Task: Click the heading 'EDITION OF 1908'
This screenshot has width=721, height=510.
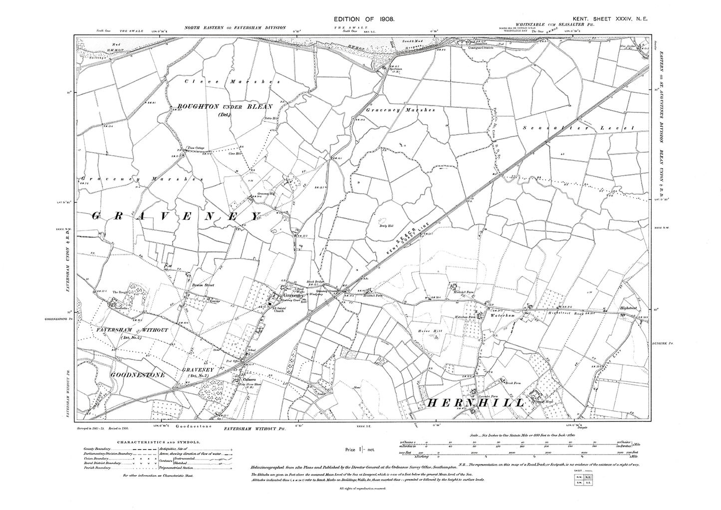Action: [364, 18]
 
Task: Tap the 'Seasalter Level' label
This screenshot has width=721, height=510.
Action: [579, 128]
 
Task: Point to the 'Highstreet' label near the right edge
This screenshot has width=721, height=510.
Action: [629, 308]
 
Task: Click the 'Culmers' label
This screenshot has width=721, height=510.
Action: [248, 379]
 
